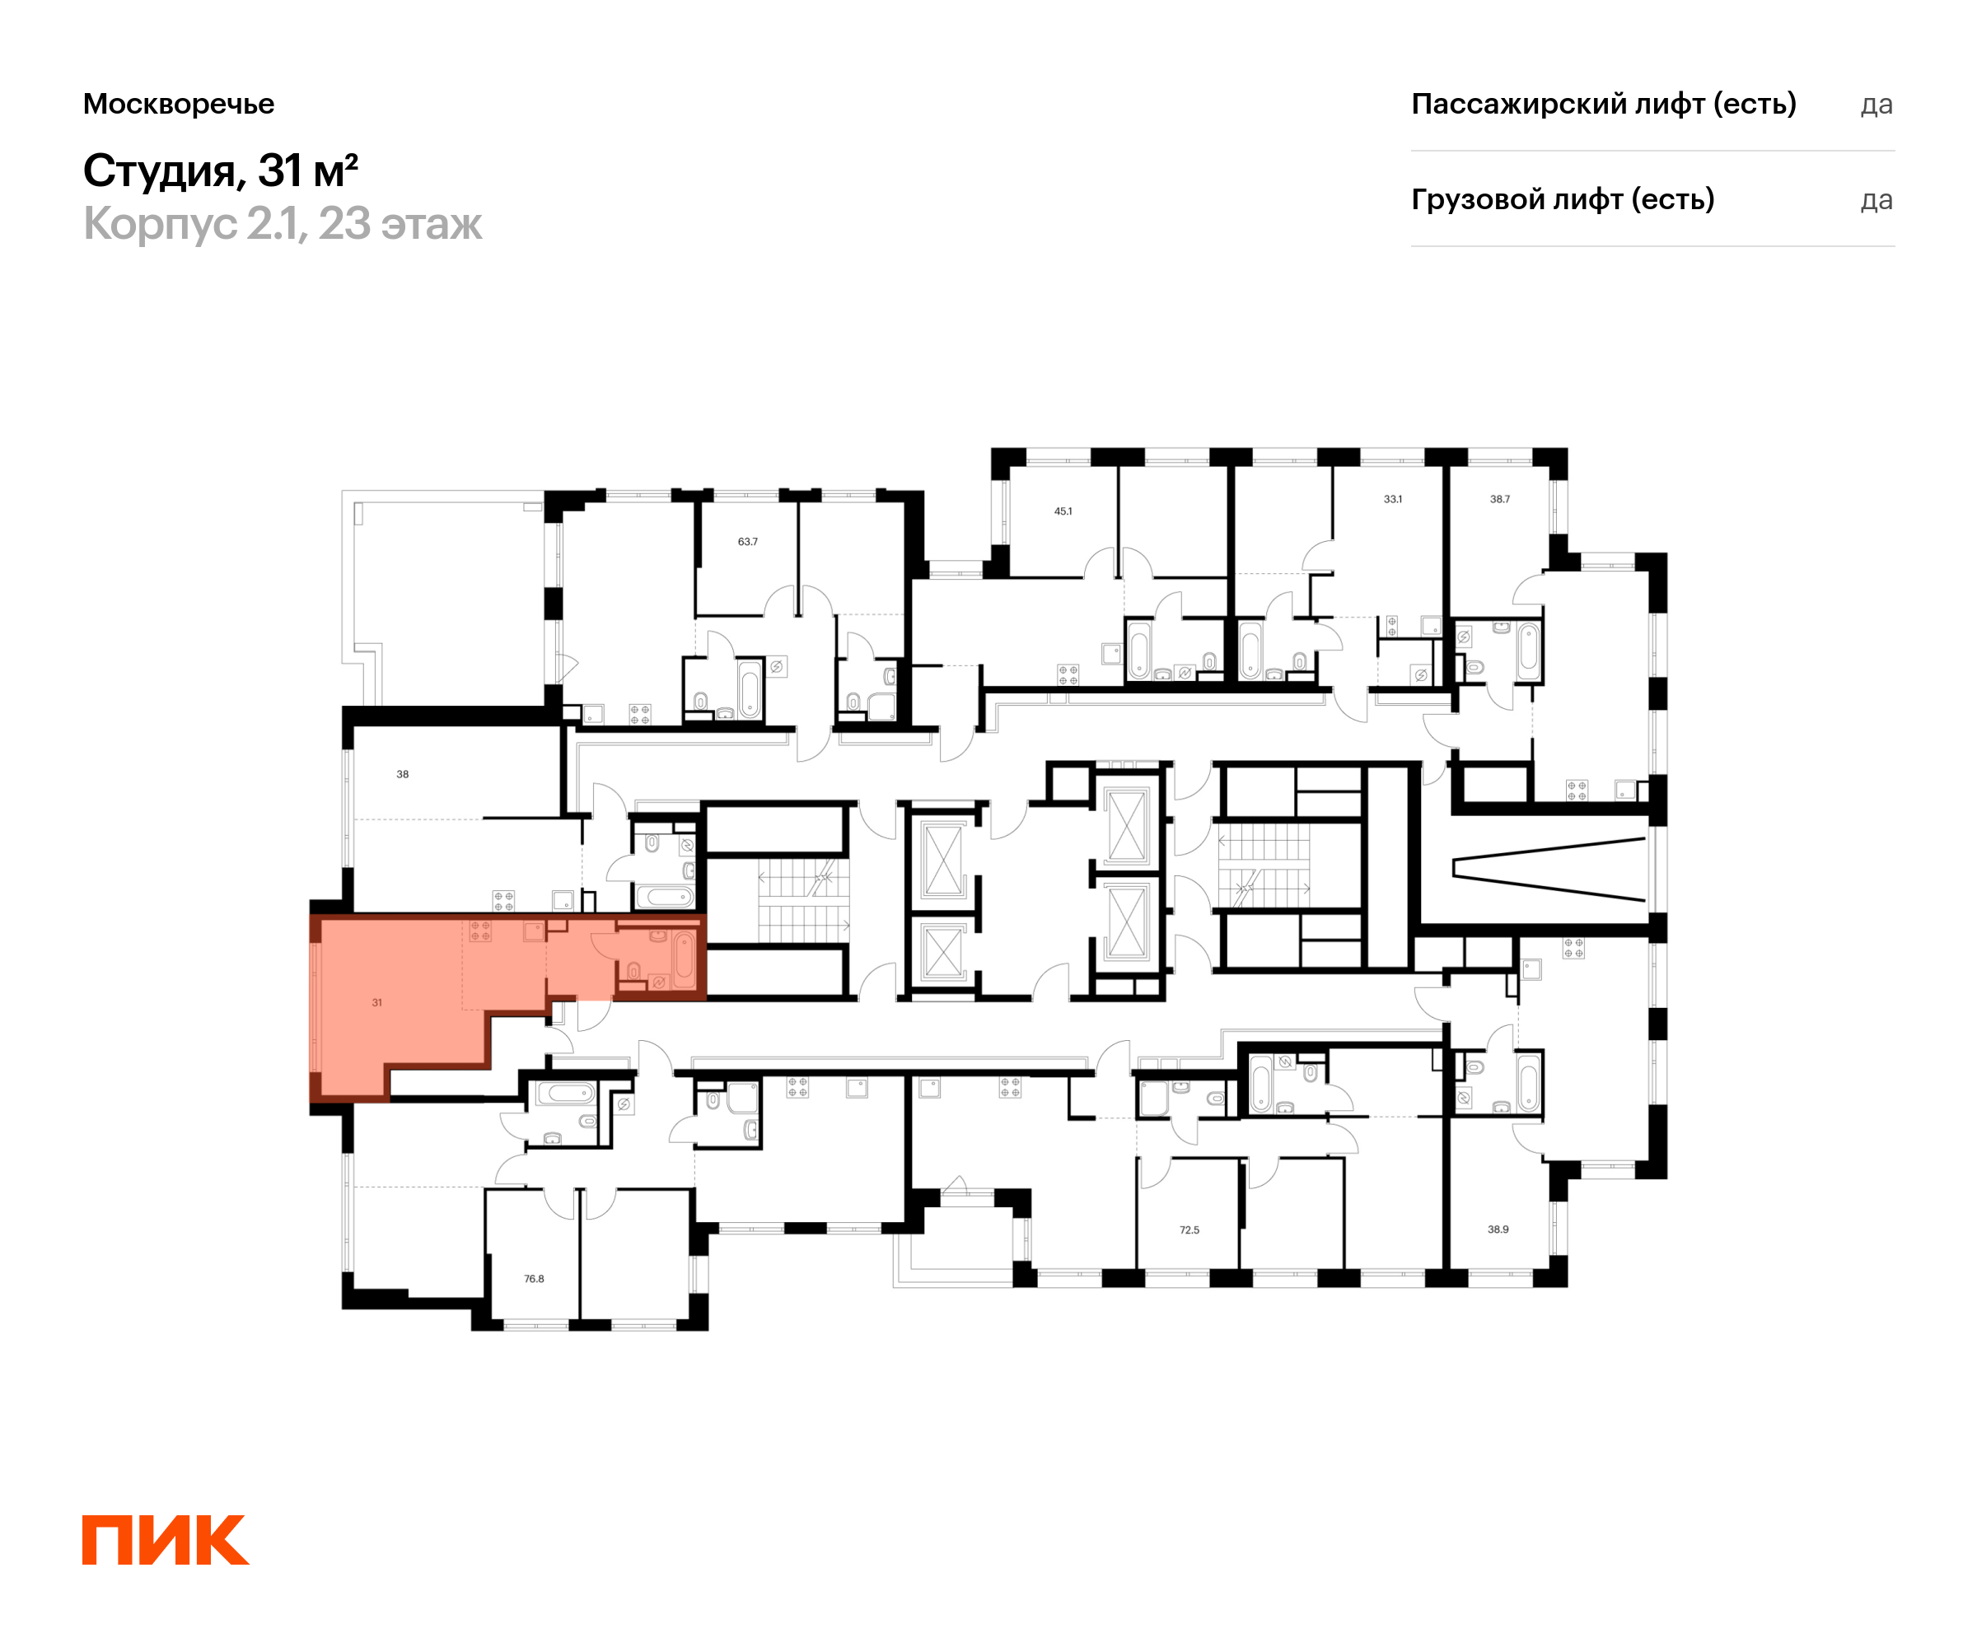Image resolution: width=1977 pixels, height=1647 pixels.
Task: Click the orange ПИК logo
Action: click(166, 1540)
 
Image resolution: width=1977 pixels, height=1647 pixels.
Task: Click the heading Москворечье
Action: click(179, 104)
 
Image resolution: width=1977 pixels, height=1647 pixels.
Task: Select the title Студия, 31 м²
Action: click(220, 170)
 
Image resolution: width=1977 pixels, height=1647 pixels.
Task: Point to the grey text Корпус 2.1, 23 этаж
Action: click(283, 224)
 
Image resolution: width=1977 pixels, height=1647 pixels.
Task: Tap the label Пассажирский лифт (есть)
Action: click(1603, 104)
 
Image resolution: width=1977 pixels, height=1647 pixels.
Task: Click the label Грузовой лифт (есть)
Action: click(1563, 199)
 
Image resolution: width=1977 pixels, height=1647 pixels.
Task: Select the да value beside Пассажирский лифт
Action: click(1877, 105)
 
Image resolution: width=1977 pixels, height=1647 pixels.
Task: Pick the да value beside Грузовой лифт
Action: click(1877, 200)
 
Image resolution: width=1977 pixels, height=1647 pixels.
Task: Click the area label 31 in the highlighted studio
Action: click(376, 1002)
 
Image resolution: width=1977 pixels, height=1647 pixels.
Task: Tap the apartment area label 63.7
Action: click(747, 541)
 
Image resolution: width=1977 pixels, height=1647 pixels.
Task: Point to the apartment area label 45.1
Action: click(1063, 511)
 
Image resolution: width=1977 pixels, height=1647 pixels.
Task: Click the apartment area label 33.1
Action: click(1392, 499)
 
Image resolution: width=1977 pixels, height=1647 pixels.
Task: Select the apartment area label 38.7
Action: click(1500, 499)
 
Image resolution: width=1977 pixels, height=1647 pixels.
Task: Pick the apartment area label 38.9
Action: click(1498, 1229)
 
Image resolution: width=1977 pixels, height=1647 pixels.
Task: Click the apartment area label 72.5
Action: click(1190, 1230)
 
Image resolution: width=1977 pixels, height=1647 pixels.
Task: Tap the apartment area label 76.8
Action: click(534, 1279)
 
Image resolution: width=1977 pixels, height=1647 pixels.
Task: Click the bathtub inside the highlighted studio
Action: click(685, 958)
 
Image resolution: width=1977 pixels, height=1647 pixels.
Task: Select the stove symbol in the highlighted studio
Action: click(480, 931)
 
